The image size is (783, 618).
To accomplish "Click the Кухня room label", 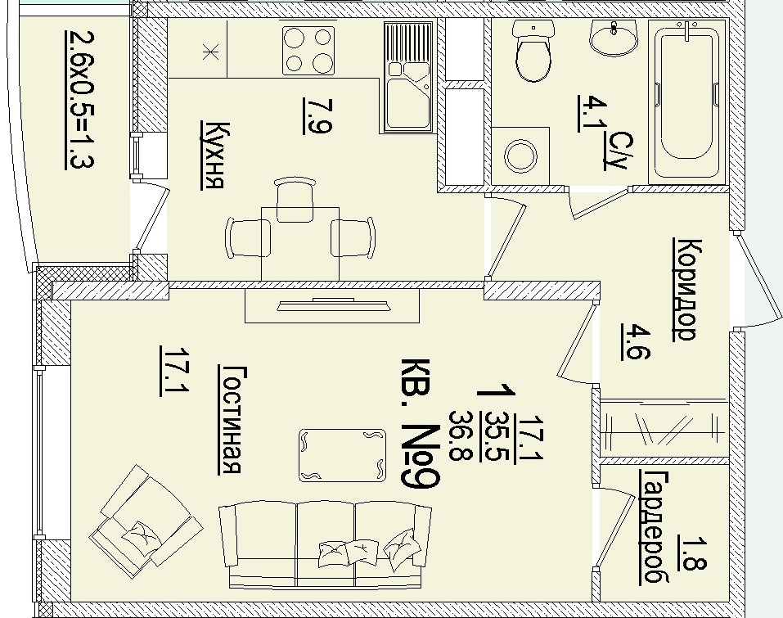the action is coord(213,156).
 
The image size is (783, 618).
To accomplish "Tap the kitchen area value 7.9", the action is coord(317,116).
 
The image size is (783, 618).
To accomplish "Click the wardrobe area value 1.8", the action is coord(692,553).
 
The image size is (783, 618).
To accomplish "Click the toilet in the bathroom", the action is coord(533,51).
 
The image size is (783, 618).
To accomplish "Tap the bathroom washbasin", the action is coord(614,37).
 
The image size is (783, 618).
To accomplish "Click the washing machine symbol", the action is coord(520,156).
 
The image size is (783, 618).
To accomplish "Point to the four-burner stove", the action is coord(308,51).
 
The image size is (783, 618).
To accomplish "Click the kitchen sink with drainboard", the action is coord(408,77).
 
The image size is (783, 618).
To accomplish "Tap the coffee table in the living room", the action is coord(343,455).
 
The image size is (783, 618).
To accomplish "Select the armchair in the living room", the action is coord(146,521).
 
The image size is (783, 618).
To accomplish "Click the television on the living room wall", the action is coord(333,304).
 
